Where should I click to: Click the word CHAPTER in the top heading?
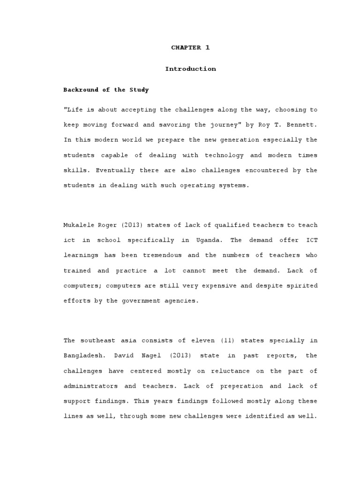186,47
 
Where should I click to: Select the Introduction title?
190,69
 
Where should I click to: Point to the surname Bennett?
302,125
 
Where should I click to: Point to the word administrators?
88,386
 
